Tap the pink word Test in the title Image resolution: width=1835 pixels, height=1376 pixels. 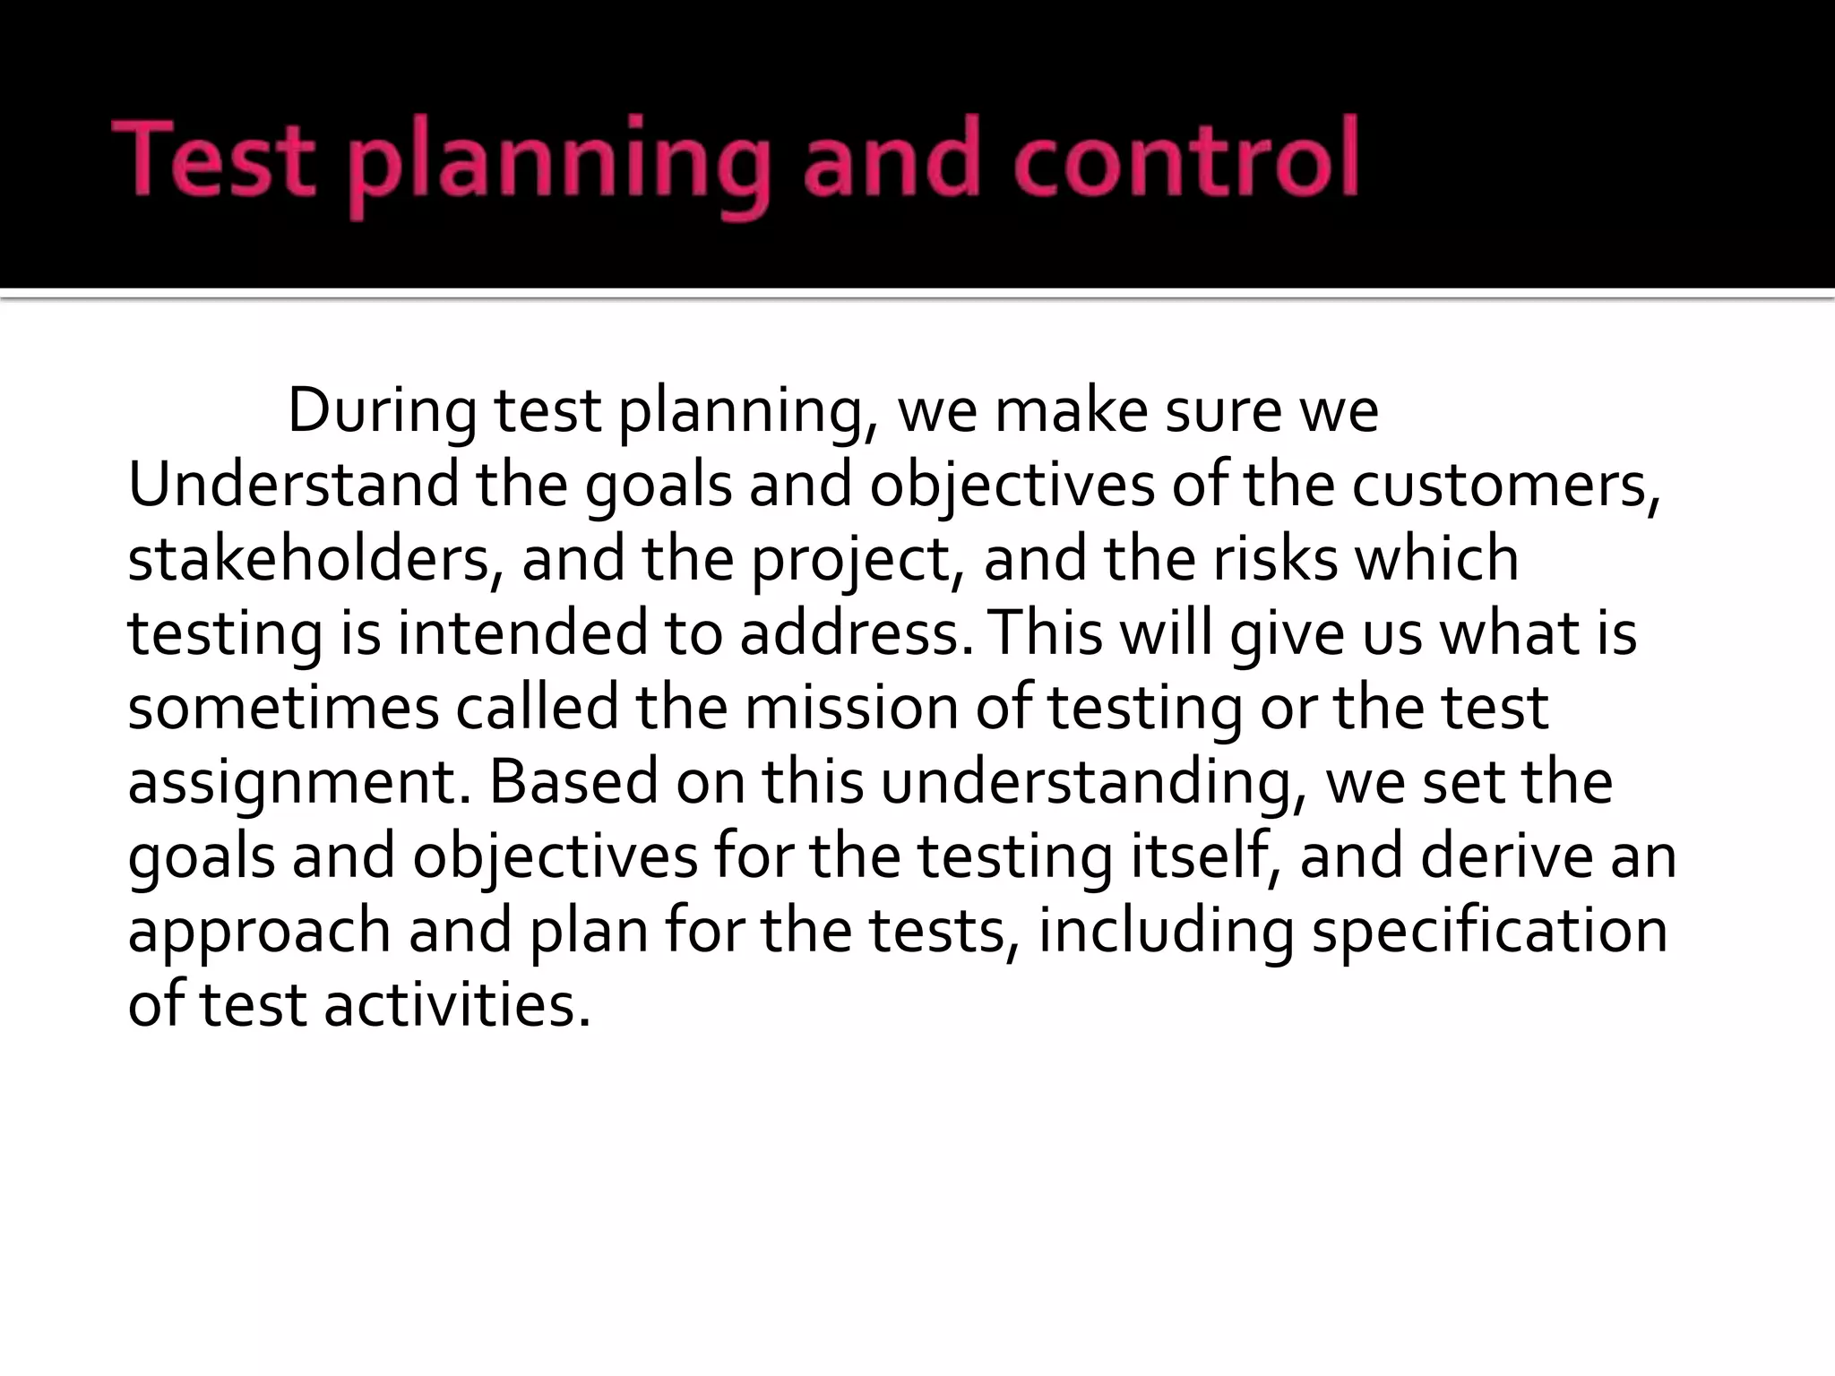coord(214,159)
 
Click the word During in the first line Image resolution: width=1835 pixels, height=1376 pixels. coord(383,411)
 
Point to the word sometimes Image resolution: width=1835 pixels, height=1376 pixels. coord(283,708)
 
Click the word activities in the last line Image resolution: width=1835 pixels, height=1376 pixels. coord(457,1005)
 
